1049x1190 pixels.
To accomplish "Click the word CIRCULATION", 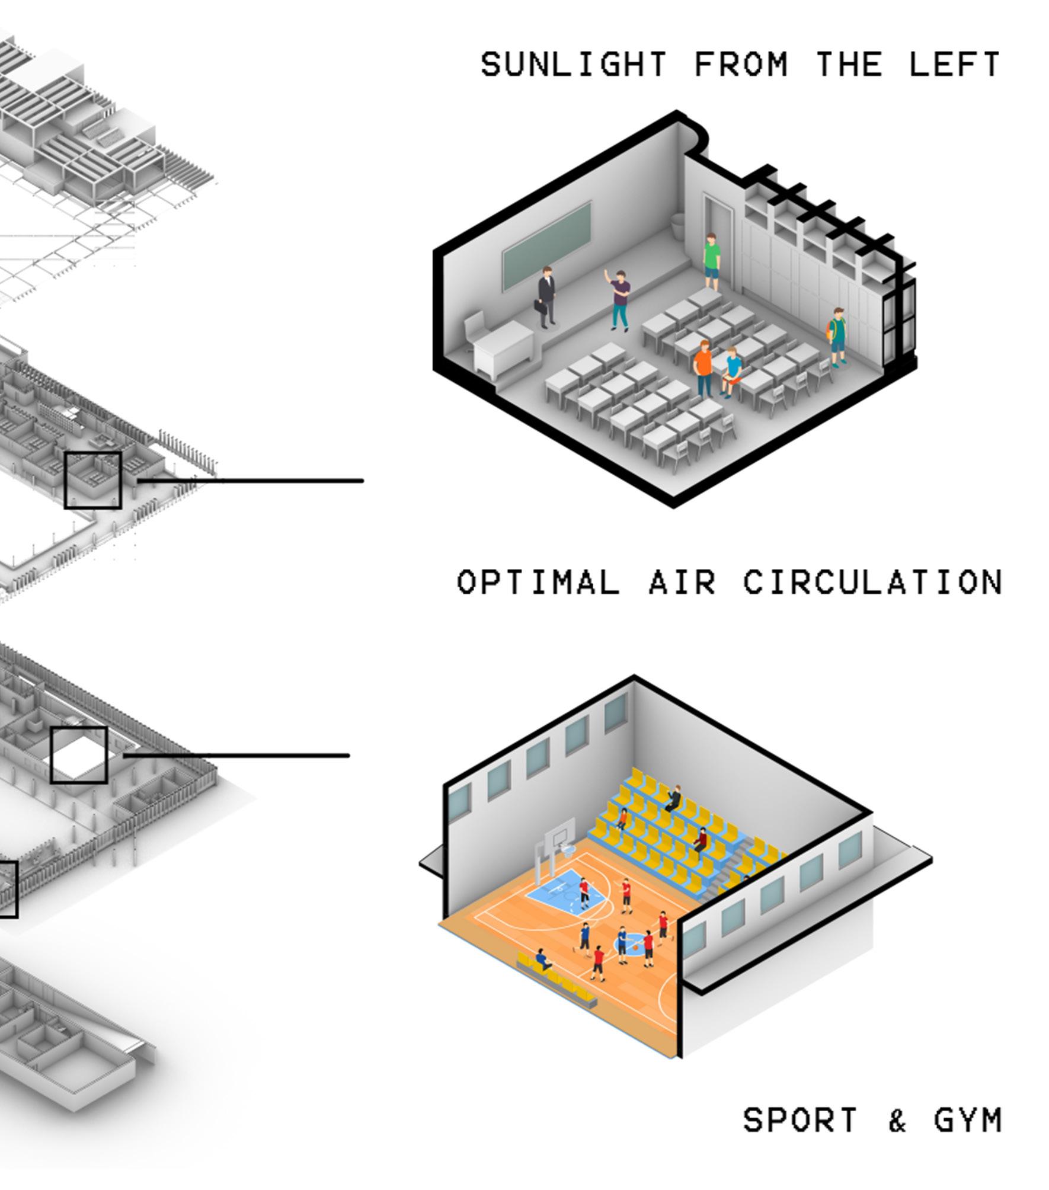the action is pyautogui.click(x=872, y=582).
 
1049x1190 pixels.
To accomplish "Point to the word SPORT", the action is pyautogui.click(x=799, y=1121).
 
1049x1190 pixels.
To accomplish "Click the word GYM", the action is pyautogui.click(x=967, y=1121).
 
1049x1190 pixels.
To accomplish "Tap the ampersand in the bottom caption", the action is pyautogui.click(x=897, y=1121).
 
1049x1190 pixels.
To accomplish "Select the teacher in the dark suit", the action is pyautogui.click(x=546, y=297).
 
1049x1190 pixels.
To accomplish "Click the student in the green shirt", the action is pyautogui.click(x=712, y=261).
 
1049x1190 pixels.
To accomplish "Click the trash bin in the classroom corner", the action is pyautogui.click(x=678, y=227).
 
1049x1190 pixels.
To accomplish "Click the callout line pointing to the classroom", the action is pyautogui.click(x=249, y=481).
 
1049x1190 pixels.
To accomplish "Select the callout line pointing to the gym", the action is pyautogui.click(x=237, y=756).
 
